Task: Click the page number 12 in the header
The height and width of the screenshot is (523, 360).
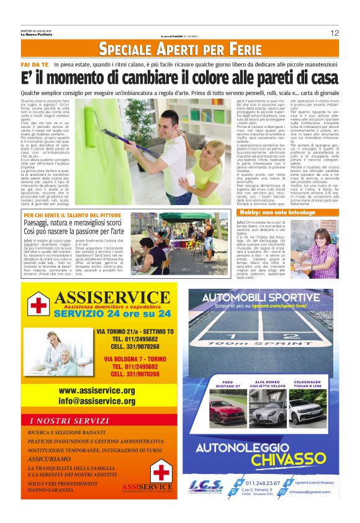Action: [x=335, y=33]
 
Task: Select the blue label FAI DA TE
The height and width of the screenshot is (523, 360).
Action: [x=35, y=65]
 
